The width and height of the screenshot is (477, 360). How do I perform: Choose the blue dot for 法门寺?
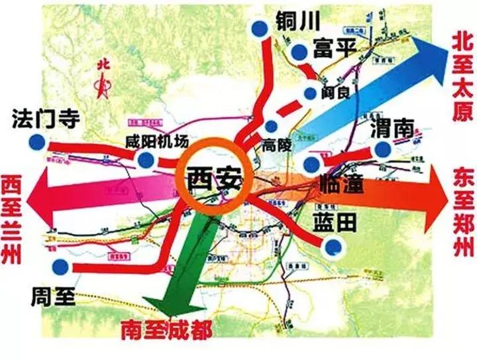pyautogui.click(x=38, y=141)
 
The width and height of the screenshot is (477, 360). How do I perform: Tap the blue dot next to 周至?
pyautogui.click(x=62, y=266)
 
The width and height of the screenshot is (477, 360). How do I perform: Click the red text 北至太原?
pyautogui.click(x=461, y=77)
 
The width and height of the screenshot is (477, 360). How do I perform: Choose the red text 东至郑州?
pyautogui.click(x=462, y=212)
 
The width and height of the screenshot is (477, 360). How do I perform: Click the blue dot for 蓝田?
pyautogui.click(x=335, y=247)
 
